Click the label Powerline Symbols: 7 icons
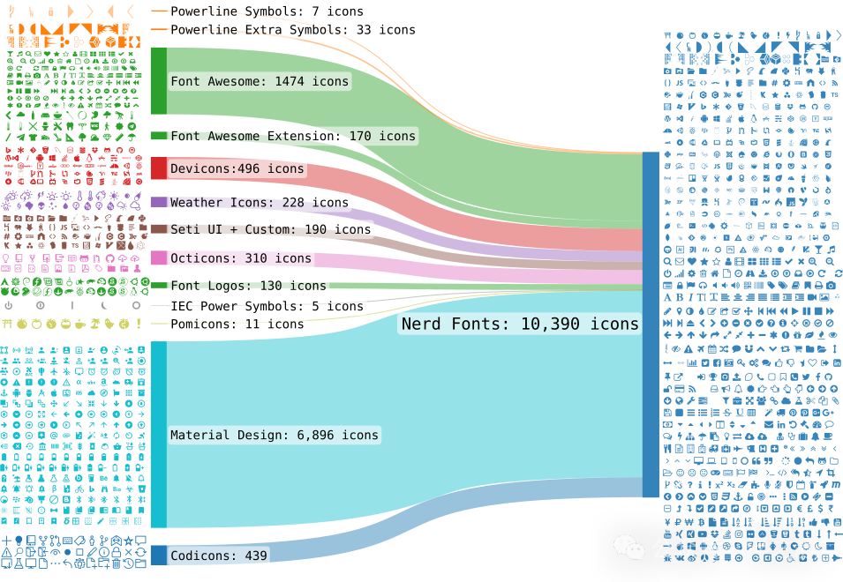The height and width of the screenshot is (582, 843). [x=267, y=11]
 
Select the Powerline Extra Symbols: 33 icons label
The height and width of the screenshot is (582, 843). [x=293, y=29]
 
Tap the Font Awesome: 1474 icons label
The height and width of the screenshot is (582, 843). [x=260, y=81]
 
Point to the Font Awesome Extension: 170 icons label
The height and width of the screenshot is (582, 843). [x=293, y=136]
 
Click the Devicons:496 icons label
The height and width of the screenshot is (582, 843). [x=237, y=168]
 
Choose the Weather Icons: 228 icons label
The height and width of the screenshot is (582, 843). [x=260, y=203]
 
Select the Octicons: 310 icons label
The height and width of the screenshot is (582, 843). [x=241, y=258]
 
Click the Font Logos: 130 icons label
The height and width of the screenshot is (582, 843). [x=248, y=286]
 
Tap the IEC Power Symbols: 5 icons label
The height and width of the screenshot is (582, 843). [x=267, y=306]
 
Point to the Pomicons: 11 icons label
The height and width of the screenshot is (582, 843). [x=237, y=324]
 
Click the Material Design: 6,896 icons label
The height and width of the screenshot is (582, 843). [x=275, y=435]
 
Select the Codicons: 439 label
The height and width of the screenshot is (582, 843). [x=218, y=556]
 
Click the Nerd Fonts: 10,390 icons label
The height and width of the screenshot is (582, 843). [x=520, y=324]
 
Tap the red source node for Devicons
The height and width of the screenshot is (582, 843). [x=159, y=168]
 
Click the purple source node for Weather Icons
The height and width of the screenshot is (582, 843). [x=159, y=202]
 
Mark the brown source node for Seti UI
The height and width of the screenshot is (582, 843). [x=159, y=229]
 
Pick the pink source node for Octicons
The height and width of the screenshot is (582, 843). [x=159, y=257]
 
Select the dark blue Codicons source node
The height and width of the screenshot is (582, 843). [x=159, y=556]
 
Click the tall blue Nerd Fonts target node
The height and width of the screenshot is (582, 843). [x=651, y=325]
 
